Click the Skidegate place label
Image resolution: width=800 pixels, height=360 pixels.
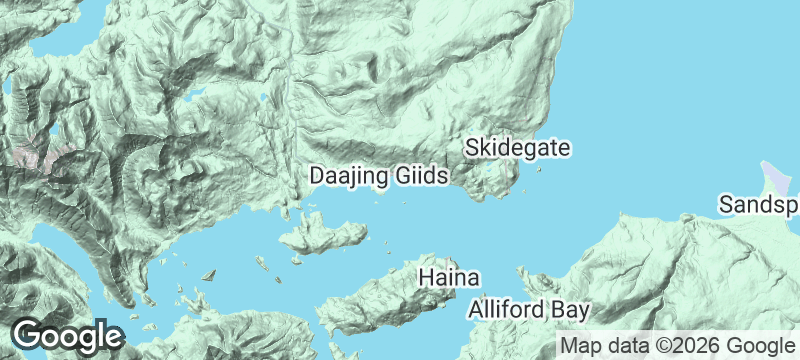[518, 148]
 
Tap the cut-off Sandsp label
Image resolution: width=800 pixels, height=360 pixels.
[759, 205]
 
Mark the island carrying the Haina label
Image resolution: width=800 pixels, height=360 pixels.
[400, 300]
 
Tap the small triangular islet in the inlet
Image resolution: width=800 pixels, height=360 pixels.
[209, 275]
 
